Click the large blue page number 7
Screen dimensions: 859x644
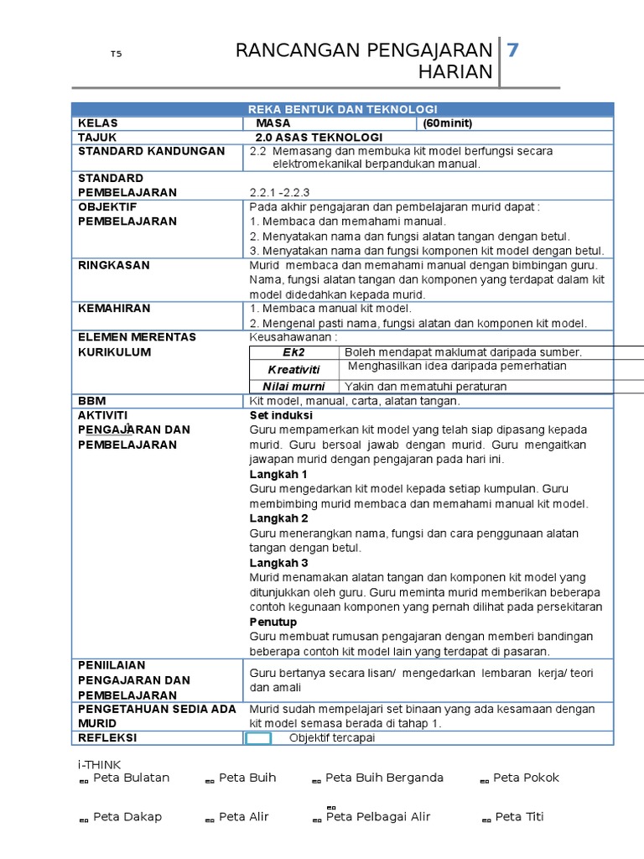pos(513,50)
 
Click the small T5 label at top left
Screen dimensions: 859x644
pos(116,55)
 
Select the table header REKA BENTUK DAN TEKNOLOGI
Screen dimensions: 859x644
pos(342,109)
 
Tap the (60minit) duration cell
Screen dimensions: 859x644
pos(448,123)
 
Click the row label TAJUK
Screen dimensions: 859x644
pos(97,137)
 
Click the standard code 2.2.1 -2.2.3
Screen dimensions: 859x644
pos(280,192)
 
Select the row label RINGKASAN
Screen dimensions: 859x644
pos(114,265)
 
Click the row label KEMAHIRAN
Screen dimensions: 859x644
pos(114,309)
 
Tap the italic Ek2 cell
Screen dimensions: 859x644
pos(294,352)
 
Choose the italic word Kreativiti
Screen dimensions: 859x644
pos(294,369)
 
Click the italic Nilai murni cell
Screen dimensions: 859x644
pos(293,386)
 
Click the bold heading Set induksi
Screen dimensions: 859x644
pos(281,415)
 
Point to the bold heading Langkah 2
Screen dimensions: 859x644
pos(279,518)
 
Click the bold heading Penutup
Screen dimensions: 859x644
pos(274,622)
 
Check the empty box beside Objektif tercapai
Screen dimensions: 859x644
pos(258,738)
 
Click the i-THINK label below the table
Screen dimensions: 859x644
pos(100,764)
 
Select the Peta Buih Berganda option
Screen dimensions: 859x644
pos(384,778)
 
